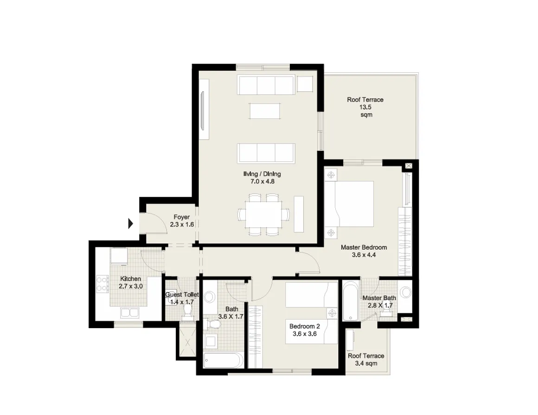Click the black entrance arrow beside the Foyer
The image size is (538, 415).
tap(131, 224)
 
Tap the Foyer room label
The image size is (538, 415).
tap(181, 220)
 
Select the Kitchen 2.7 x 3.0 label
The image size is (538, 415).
tap(131, 282)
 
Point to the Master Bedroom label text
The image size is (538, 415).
tap(364, 251)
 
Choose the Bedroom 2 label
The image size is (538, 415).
tap(304, 329)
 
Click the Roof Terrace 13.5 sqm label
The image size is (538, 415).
tap(365, 107)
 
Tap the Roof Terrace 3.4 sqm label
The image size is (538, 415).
tap(366, 360)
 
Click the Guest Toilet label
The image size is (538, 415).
tap(182, 298)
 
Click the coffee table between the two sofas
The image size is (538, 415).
tap(265, 111)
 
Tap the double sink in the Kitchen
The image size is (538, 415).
tap(129, 312)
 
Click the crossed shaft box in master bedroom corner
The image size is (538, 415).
tap(408, 165)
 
